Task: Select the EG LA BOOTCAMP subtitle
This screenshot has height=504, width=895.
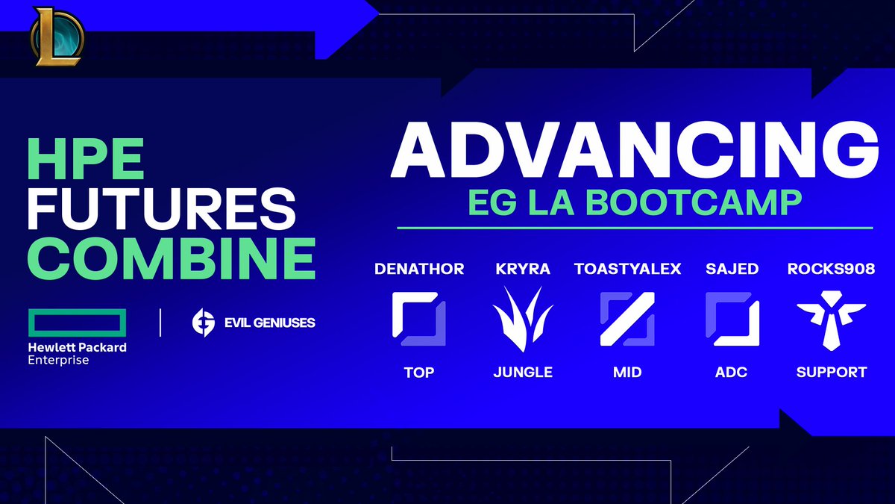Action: [x=634, y=203]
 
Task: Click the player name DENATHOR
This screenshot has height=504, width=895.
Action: [x=418, y=269]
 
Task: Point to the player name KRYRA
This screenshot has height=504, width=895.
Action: [x=523, y=269]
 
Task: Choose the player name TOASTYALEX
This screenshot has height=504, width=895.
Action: [x=627, y=269]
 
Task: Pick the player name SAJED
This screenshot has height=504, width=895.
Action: [x=732, y=269]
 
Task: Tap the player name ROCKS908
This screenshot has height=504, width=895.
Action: [x=831, y=269]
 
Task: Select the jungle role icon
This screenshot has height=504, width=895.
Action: [x=523, y=323]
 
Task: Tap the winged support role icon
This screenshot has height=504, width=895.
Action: [x=831, y=323]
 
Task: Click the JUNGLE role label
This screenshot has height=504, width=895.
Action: [x=523, y=372]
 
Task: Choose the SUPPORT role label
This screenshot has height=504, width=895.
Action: [x=831, y=372]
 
